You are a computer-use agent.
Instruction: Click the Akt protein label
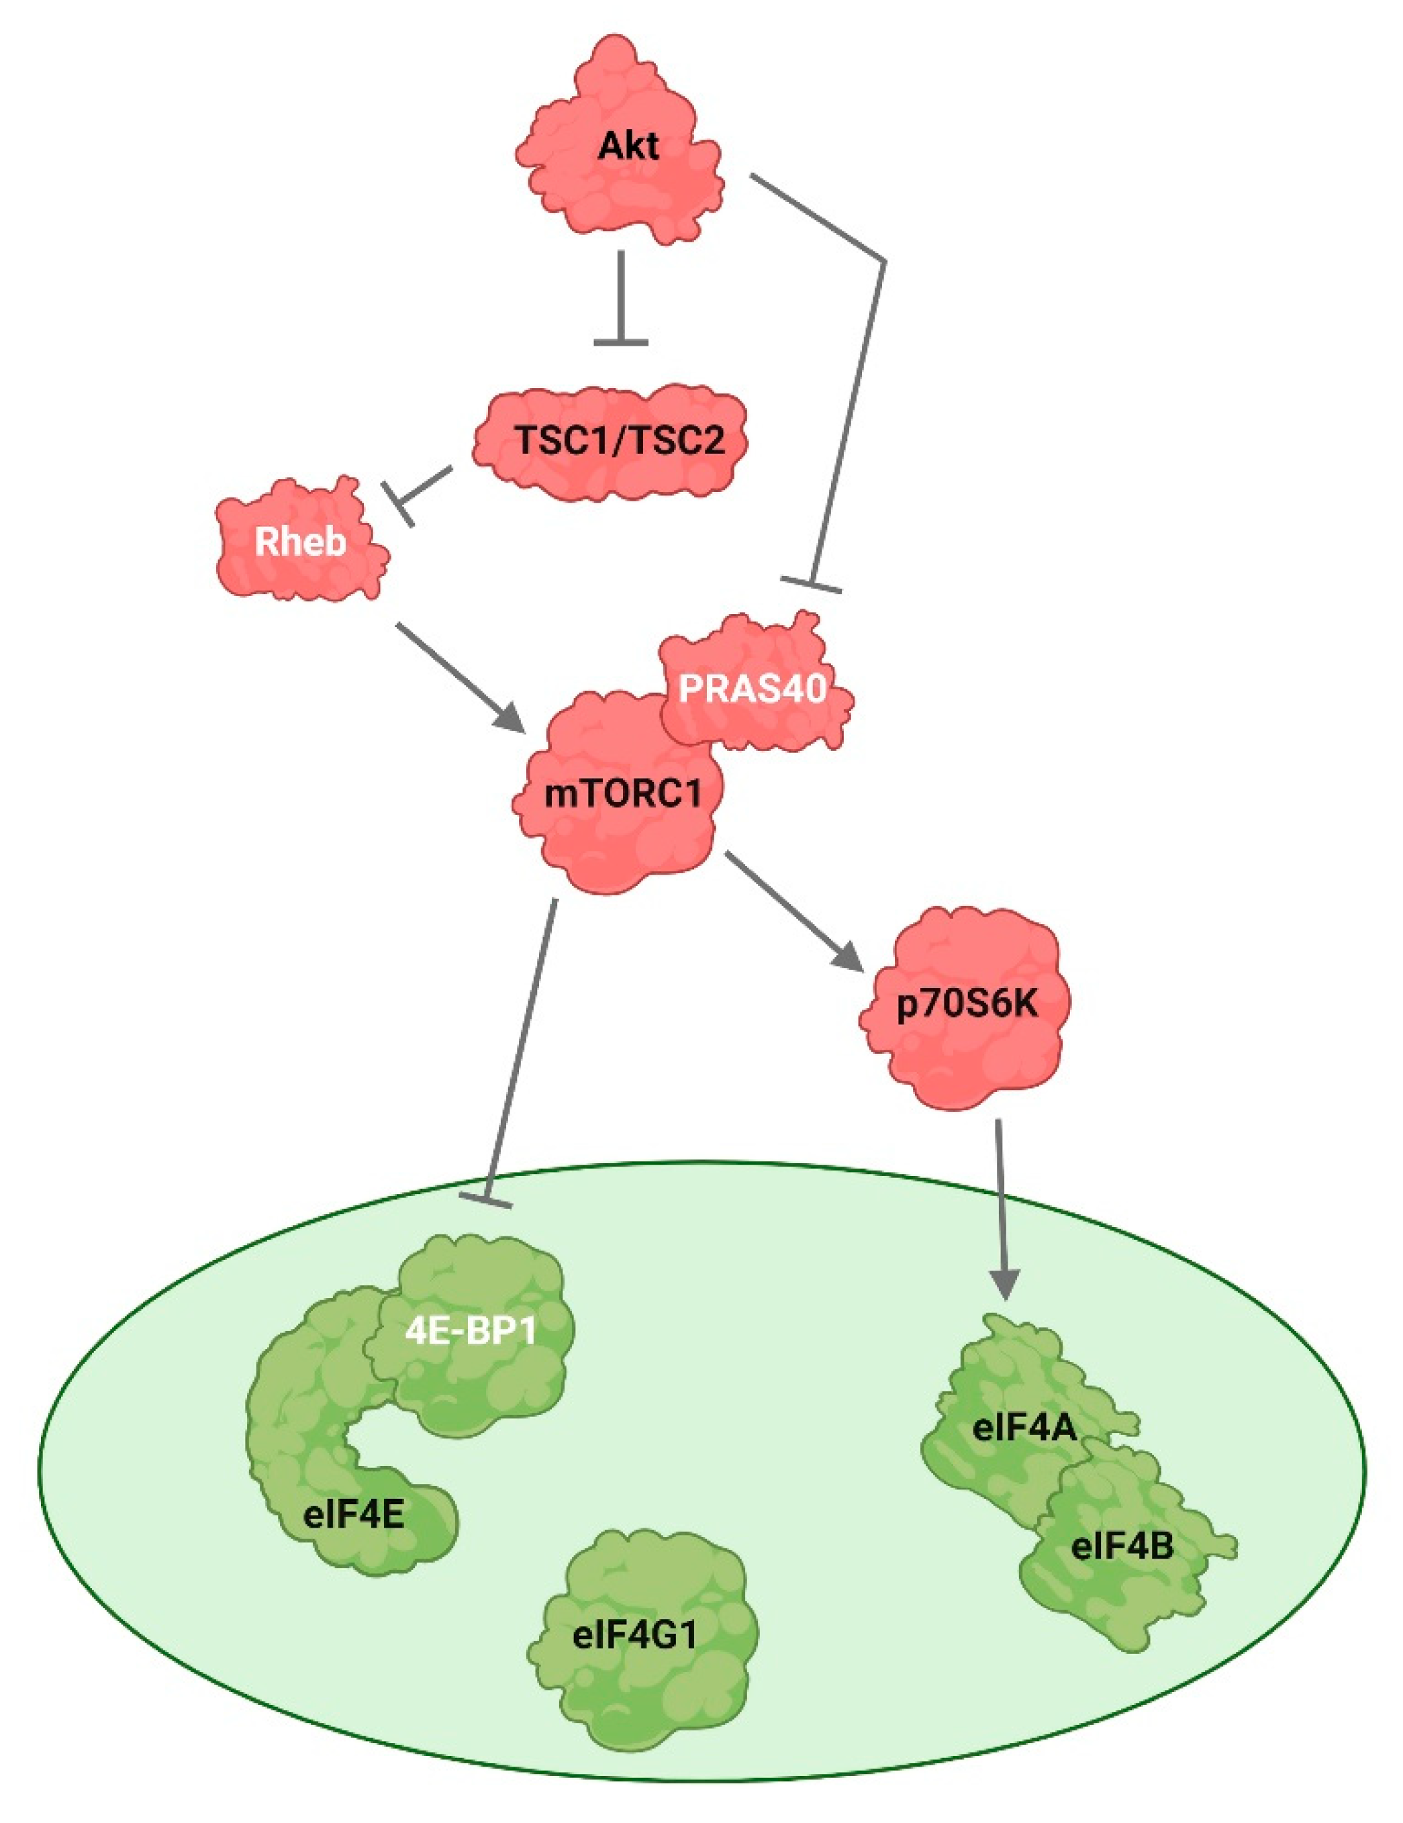(x=628, y=147)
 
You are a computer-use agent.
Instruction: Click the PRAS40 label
(x=752, y=689)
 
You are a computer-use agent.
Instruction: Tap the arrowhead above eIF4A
(x=1005, y=1285)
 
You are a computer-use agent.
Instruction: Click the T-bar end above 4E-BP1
(x=485, y=1199)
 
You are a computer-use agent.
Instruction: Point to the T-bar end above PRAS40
(x=810, y=585)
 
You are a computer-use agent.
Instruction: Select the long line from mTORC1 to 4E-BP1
(x=522, y=1043)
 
